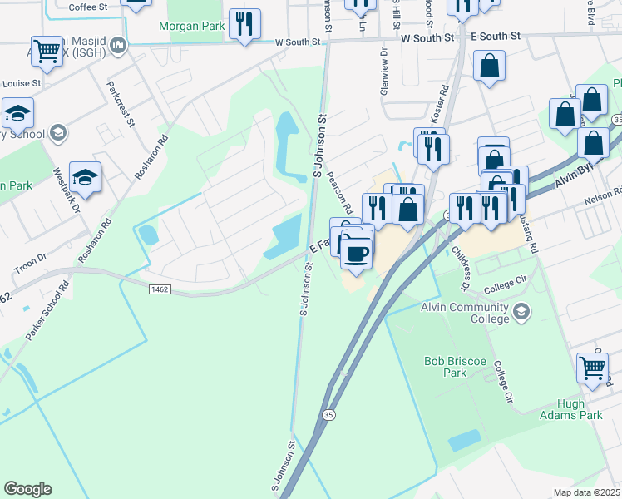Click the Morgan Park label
point(192,27)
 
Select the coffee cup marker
point(356,252)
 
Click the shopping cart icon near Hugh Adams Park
point(593,367)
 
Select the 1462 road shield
point(160,289)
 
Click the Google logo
point(27,489)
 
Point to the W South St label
point(427,37)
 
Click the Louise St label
point(22,84)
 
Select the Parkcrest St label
point(119,103)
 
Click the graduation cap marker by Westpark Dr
point(84,177)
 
